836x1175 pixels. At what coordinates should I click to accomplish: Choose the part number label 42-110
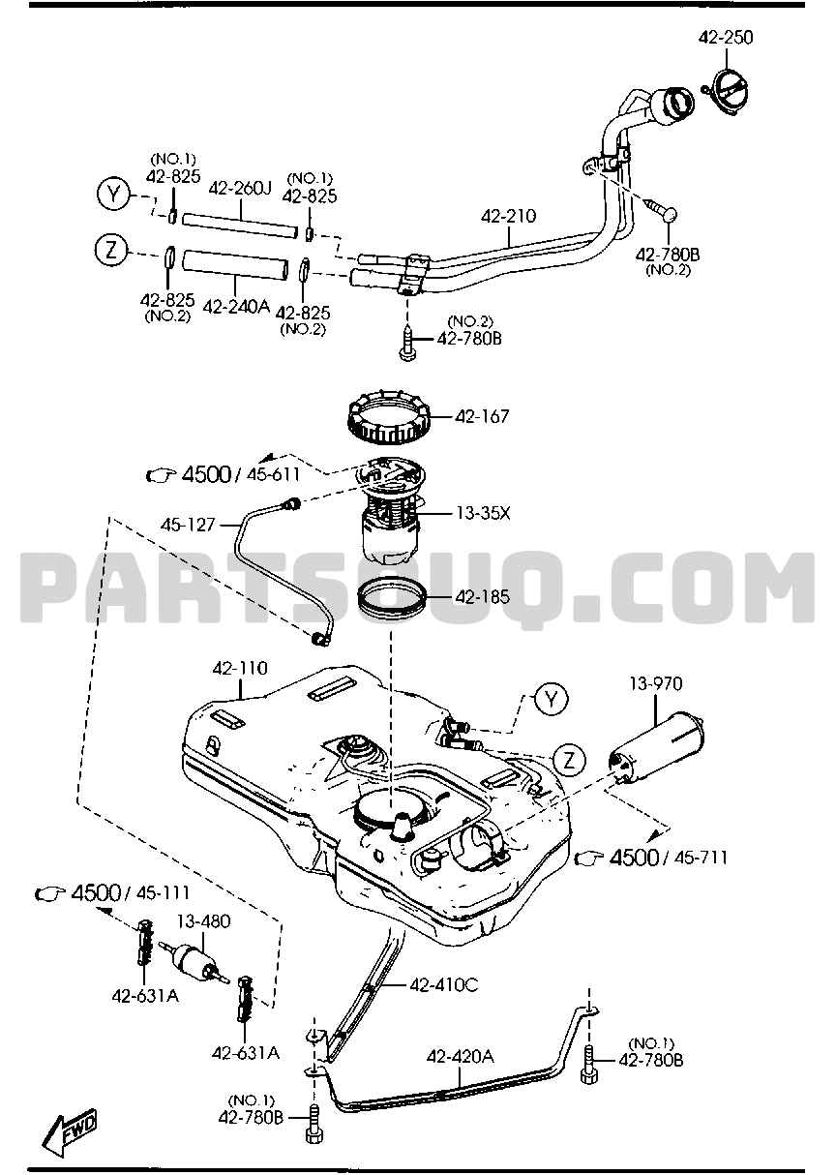tap(240, 669)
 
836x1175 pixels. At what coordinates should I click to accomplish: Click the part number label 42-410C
tap(443, 985)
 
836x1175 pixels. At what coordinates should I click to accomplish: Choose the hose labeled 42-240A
tap(236, 264)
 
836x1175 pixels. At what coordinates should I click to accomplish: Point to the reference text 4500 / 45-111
tap(126, 892)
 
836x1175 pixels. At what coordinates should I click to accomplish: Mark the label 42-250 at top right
tap(726, 38)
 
